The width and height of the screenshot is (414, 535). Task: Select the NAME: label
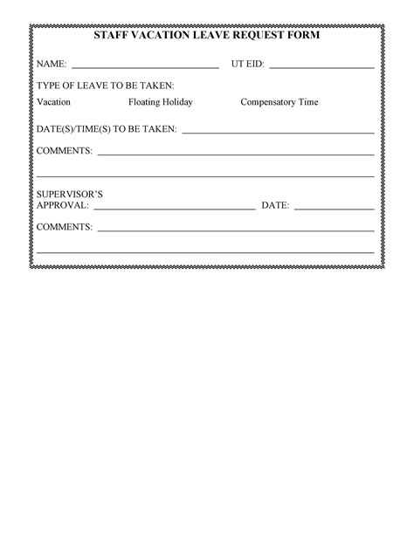tap(52, 65)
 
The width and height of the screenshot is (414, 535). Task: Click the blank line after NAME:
tap(144, 66)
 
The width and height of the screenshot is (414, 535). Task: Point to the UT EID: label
tap(248, 65)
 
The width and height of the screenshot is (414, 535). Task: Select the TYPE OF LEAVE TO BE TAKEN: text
tap(105, 86)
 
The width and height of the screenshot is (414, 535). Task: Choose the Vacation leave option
tap(53, 102)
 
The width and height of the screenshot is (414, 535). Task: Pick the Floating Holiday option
tap(161, 102)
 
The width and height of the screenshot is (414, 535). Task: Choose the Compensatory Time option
tap(279, 102)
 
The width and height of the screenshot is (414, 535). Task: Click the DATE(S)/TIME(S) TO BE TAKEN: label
tap(107, 129)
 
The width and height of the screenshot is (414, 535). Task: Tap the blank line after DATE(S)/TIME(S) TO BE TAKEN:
tap(277, 132)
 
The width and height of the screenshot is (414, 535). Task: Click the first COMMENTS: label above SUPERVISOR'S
tap(65, 151)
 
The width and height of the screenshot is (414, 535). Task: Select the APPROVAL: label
tap(62, 206)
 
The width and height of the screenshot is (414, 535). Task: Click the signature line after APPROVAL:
tap(174, 209)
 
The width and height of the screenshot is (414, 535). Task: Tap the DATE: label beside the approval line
tap(275, 206)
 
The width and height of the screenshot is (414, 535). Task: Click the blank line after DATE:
tap(334, 209)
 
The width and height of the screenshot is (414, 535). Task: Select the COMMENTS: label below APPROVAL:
tap(65, 227)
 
